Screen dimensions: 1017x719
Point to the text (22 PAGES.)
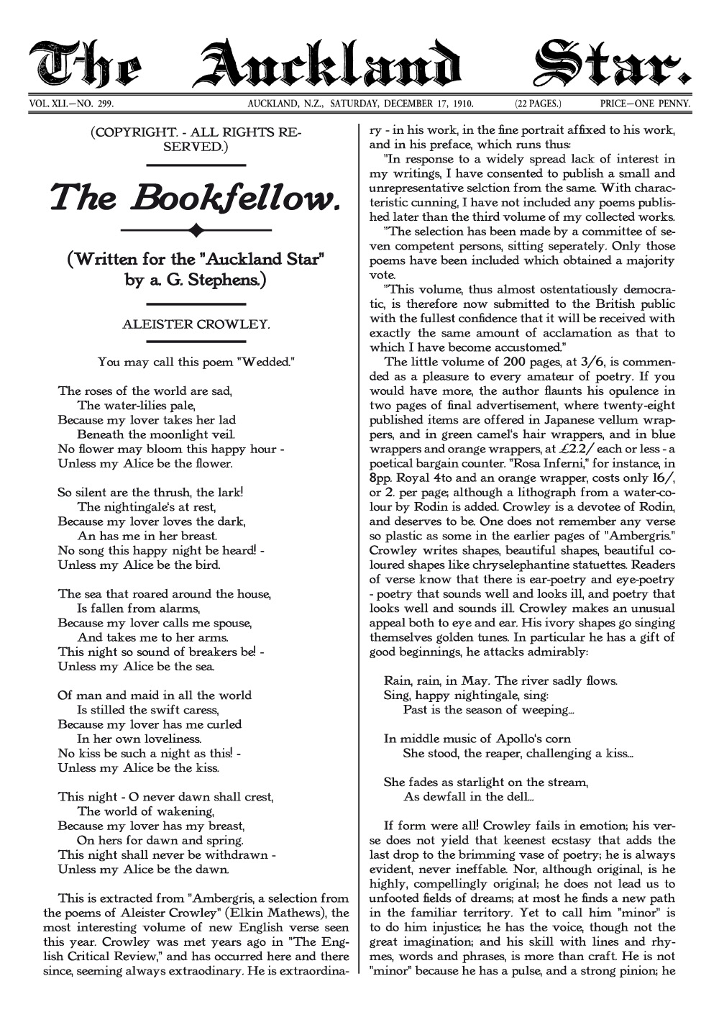pos(538,104)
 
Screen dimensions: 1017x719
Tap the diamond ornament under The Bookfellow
pos(196,230)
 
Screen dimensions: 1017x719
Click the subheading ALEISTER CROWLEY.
pos(196,324)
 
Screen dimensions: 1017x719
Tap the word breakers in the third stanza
pos(206,652)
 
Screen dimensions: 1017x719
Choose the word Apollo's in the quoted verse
pos(513,739)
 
